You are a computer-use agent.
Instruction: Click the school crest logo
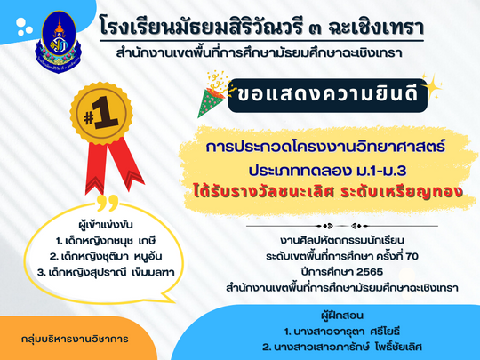[59, 42]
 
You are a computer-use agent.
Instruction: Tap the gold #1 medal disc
[101, 113]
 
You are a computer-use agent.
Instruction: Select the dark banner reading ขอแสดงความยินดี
[327, 95]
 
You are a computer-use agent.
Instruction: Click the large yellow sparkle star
[432, 86]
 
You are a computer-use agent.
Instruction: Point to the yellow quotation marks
[108, 203]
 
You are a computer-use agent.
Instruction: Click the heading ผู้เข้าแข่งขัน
[106, 225]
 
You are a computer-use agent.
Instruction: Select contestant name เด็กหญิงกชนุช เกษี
[106, 241]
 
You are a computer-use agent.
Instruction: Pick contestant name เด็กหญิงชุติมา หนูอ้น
[106, 257]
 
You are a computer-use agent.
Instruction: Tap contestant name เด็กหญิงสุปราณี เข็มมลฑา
[106, 272]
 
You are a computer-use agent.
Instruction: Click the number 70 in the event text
[412, 256]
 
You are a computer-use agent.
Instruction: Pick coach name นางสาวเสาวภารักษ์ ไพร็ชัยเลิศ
[342, 348]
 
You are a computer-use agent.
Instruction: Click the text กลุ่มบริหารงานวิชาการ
[75, 340]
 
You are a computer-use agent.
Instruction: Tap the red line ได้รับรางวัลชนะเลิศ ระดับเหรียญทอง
[327, 192]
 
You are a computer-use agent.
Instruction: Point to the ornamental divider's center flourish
[342, 227]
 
